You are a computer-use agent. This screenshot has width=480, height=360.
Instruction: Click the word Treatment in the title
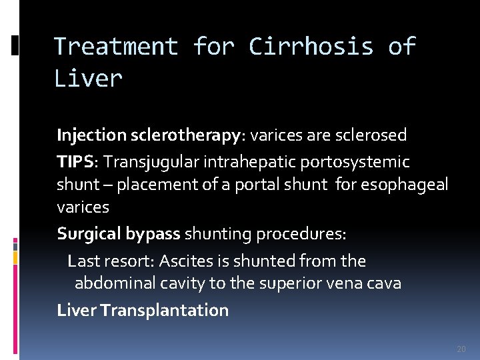point(115,47)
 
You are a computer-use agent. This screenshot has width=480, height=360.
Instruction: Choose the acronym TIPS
point(77,162)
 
